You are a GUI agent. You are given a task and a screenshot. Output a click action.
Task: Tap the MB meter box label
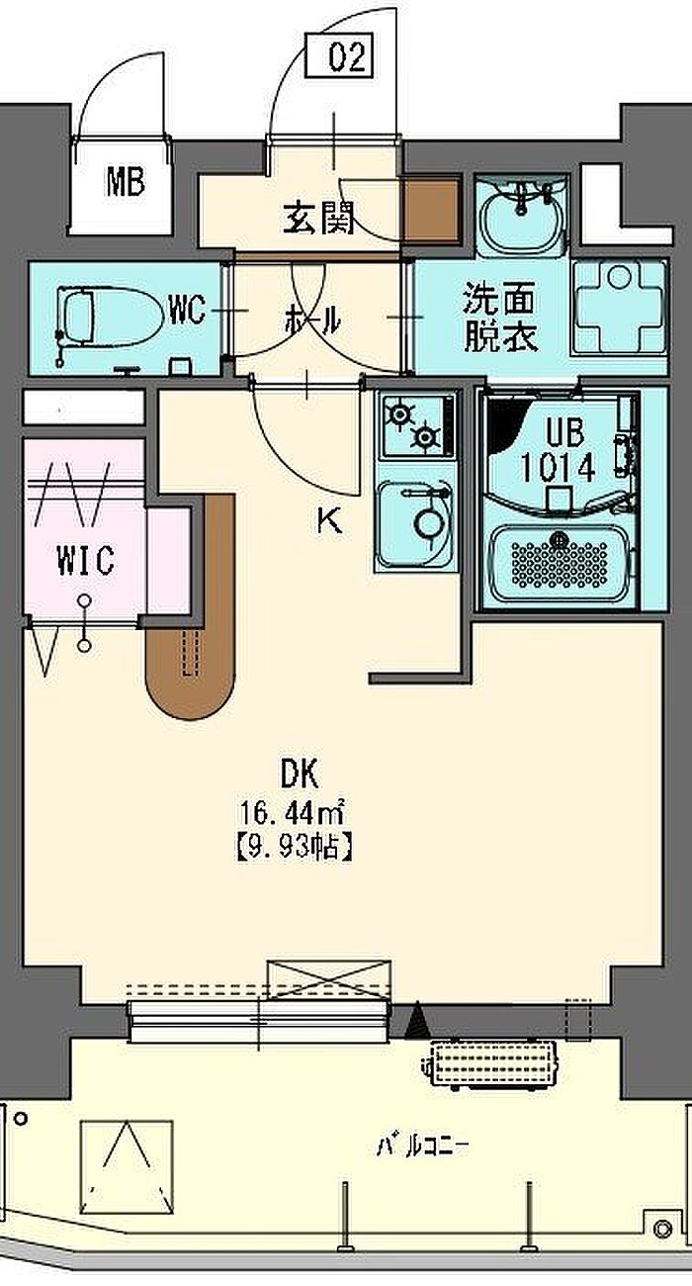(126, 182)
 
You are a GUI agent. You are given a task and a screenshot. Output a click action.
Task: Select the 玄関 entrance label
(318, 218)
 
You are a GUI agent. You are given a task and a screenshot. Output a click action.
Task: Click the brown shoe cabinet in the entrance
(431, 209)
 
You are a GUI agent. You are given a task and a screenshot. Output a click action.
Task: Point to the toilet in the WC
(104, 317)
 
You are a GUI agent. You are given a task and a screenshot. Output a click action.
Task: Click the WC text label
(187, 312)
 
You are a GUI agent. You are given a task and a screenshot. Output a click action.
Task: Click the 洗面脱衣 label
(501, 318)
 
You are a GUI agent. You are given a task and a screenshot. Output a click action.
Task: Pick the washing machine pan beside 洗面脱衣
(620, 307)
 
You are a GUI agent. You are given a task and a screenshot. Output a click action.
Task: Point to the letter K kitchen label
(329, 521)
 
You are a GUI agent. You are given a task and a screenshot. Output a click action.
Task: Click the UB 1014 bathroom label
(567, 451)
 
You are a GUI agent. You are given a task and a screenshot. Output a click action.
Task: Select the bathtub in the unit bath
(560, 565)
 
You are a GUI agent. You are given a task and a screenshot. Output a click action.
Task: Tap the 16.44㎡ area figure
(290, 814)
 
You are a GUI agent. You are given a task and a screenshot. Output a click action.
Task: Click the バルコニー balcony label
(422, 1148)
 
